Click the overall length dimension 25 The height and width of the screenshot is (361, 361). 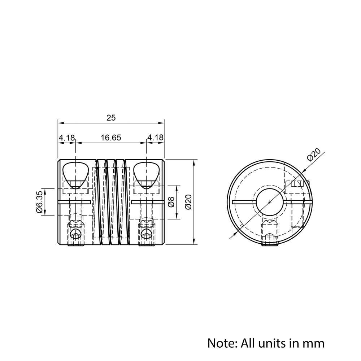point(111,118)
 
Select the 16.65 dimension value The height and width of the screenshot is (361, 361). point(111,138)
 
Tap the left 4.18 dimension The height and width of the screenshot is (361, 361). point(67,138)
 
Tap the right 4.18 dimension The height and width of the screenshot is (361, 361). point(155,138)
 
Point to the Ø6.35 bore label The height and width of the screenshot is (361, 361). point(39,202)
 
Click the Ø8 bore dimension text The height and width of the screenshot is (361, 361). point(171,202)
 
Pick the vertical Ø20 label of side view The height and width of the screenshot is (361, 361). point(188,202)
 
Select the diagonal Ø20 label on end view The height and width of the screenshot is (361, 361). point(314,155)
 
